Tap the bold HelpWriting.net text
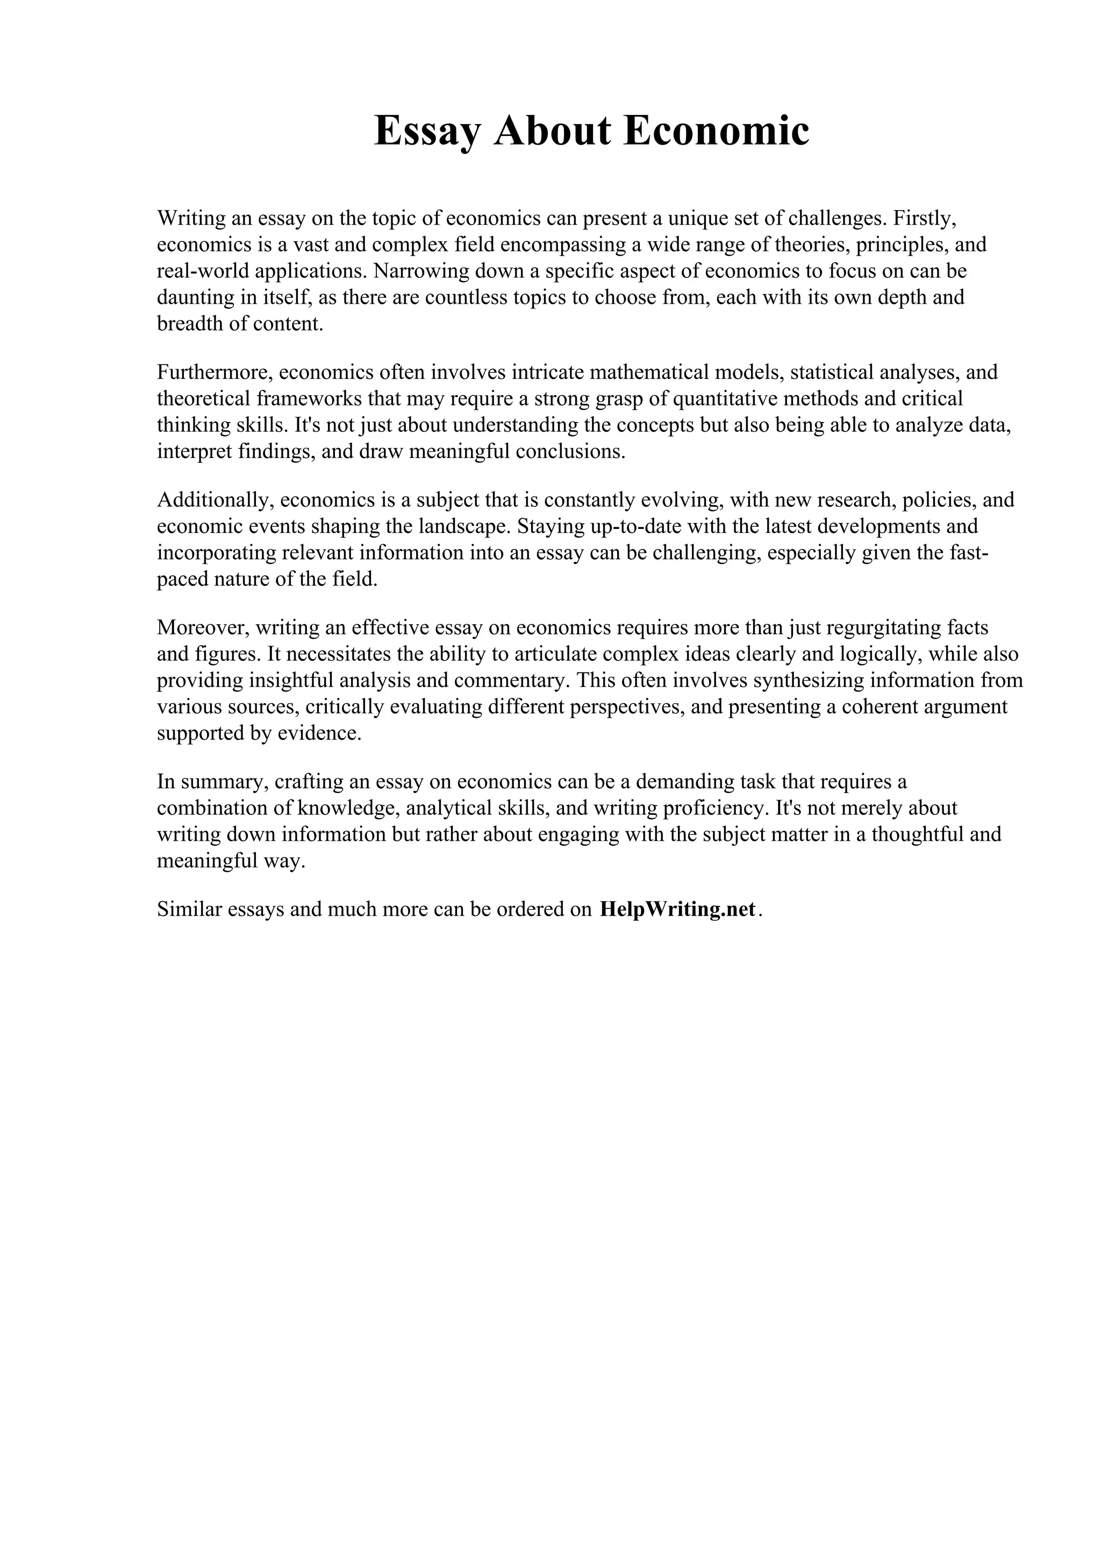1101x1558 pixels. point(677,909)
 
